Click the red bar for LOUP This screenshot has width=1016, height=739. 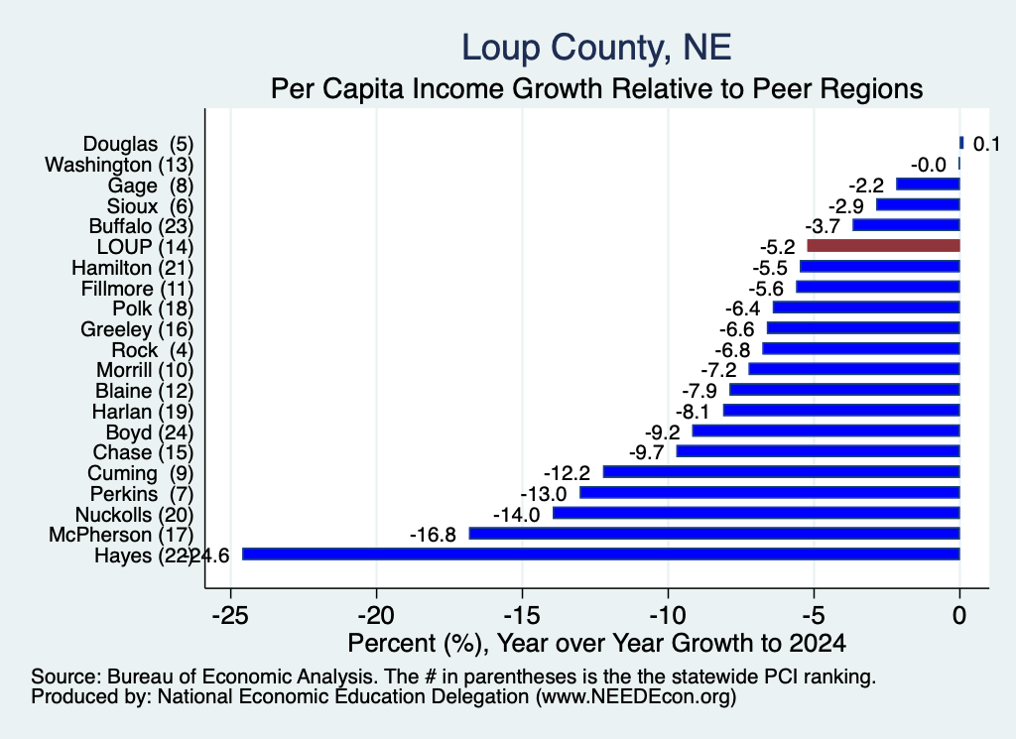click(x=883, y=245)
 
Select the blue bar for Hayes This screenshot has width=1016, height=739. click(x=600, y=554)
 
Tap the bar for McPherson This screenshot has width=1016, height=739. click(x=714, y=533)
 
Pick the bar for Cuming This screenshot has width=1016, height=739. click(x=782, y=471)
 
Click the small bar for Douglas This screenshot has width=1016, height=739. click(x=961, y=143)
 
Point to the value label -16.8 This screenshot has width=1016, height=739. click(x=433, y=535)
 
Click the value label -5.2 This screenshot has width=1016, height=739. click(x=777, y=247)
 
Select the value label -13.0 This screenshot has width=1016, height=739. click(x=543, y=494)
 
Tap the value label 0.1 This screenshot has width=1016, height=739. click(x=986, y=144)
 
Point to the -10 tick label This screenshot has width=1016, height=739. click(x=668, y=615)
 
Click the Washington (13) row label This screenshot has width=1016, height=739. click(x=119, y=165)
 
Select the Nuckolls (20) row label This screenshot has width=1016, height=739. click(x=135, y=515)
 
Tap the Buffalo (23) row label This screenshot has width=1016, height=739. click(x=141, y=226)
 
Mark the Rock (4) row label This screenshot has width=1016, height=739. click(x=152, y=350)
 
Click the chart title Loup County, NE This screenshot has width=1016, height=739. click(x=596, y=48)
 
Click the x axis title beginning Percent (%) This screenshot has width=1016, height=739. click(x=596, y=643)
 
